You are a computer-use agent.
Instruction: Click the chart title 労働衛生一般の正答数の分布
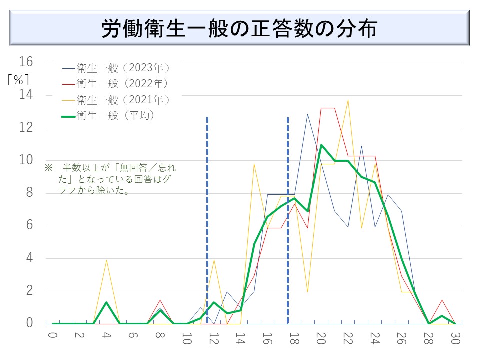[x=239, y=29]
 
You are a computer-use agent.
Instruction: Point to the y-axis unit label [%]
[x=18, y=79]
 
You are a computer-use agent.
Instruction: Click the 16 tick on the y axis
[x=26, y=62]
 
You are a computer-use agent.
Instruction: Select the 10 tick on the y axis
[x=26, y=160]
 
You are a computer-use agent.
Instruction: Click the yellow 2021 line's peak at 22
[x=348, y=100]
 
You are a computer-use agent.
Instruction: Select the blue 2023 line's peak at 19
[x=307, y=114]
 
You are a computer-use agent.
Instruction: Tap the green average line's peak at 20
[x=321, y=145]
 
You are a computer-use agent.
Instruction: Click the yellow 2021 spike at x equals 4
[x=106, y=260]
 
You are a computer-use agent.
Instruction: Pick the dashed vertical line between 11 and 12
[x=207, y=220]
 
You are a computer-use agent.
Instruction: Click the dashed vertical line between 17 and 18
[x=287, y=220]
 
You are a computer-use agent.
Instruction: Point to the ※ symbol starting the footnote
[x=48, y=167]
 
